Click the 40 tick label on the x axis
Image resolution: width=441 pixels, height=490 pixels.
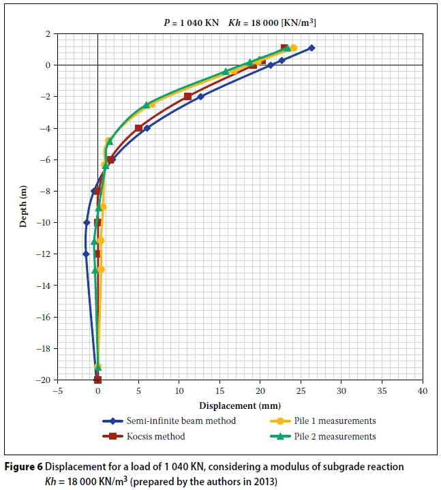coord(422,392)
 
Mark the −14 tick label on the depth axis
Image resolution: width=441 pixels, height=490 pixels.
coord(45,286)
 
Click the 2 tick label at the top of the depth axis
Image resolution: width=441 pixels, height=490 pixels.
coord(49,33)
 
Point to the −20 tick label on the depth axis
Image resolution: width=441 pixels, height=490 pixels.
coord(45,380)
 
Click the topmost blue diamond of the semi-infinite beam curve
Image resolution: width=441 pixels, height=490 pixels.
coord(311,48)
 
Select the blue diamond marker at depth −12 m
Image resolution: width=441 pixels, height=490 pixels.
coord(86,254)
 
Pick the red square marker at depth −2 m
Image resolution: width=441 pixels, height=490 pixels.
coord(187,97)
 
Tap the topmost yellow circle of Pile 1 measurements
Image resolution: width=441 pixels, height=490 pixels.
coord(293,48)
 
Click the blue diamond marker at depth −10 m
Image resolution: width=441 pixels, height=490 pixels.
coord(87,223)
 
